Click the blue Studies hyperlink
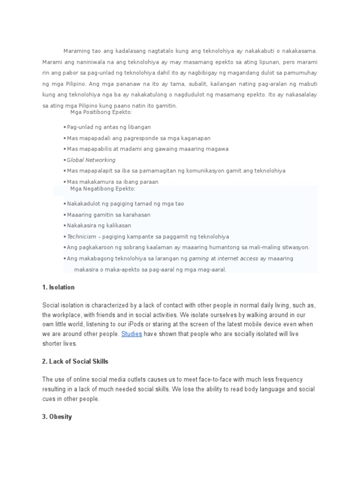tap(131, 334)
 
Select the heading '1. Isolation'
tap(58, 287)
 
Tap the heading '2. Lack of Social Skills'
tap(75, 361)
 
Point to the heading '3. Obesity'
tap(57, 417)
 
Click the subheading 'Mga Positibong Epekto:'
tap(101, 112)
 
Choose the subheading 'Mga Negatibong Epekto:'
tap(103, 188)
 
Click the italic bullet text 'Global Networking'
tap(91, 160)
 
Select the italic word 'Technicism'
tap(82, 237)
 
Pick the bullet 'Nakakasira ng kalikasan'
tap(99, 226)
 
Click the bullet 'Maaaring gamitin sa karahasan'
tap(108, 215)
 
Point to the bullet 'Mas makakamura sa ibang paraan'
tap(112, 182)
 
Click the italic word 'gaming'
tap(198, 258)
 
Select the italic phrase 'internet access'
tap(238, 258)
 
